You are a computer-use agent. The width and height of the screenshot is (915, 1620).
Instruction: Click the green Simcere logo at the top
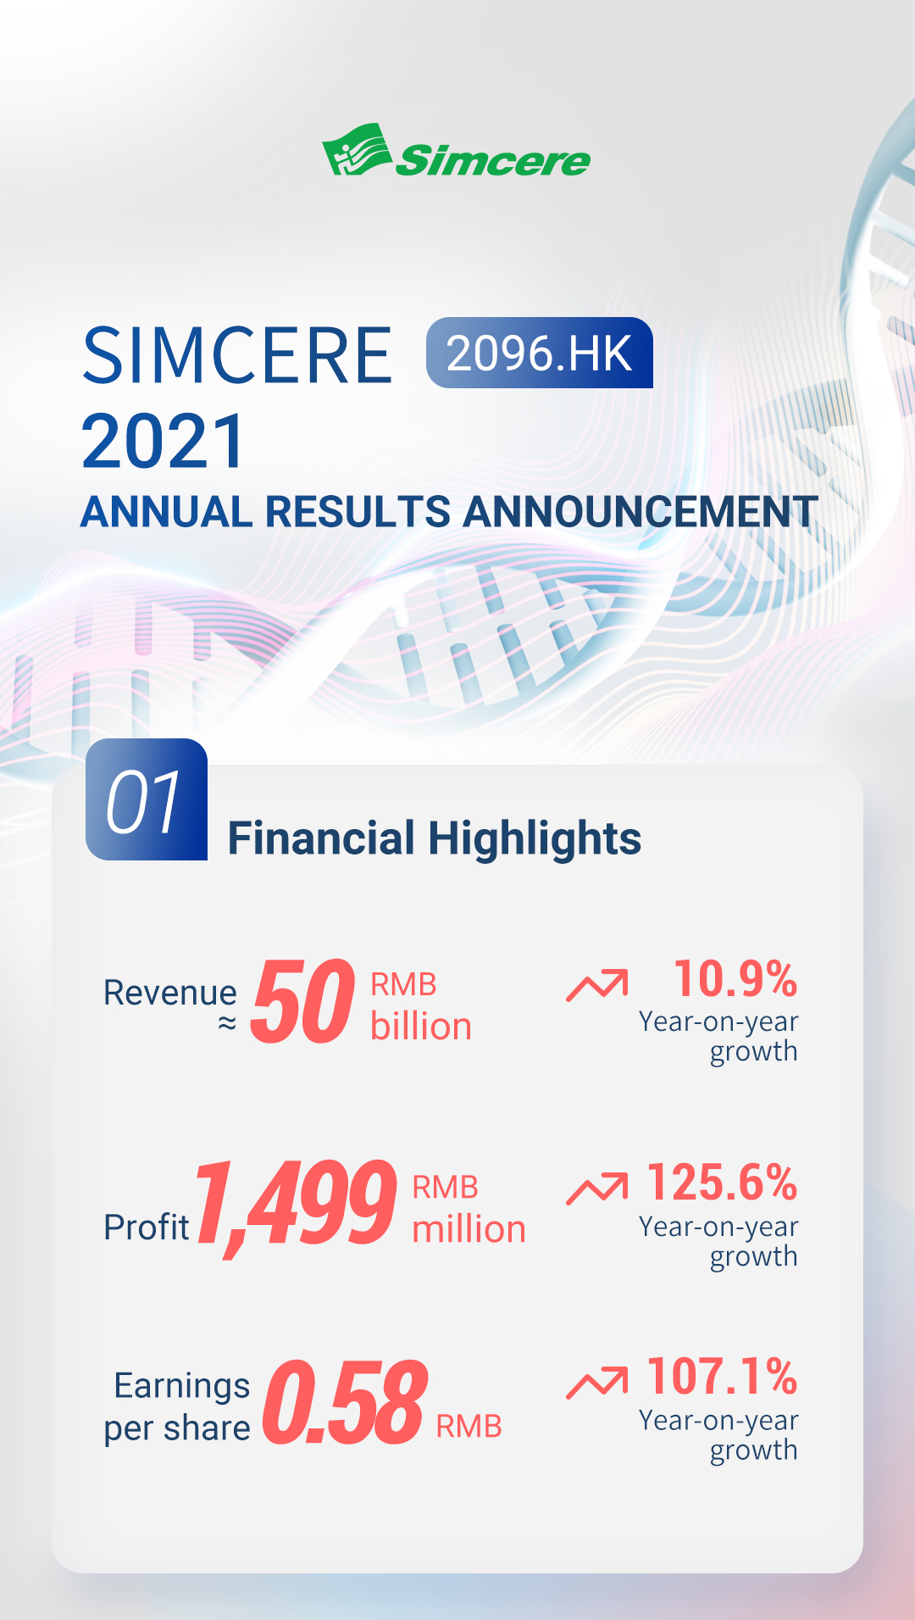456,153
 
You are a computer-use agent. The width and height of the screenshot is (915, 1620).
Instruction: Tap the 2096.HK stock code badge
539,353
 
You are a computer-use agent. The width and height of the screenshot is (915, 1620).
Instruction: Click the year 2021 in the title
164,441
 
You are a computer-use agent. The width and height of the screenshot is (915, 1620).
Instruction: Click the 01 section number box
146,799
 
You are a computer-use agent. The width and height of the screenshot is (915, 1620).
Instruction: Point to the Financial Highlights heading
434,838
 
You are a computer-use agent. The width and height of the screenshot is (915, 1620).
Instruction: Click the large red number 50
302,1001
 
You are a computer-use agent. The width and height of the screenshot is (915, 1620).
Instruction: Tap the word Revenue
169,992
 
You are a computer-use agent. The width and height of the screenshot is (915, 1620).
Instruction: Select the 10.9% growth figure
735,979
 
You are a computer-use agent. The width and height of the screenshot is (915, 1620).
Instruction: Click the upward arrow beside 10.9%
597,984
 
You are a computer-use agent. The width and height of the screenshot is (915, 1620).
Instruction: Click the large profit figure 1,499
296,1204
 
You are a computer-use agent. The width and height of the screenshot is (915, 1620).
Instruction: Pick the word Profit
146,1227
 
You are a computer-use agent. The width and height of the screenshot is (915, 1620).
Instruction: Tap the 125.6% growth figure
722,1183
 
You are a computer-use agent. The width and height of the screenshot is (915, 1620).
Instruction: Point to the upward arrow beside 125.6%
597,1188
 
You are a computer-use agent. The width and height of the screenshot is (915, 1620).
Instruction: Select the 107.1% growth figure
722,1376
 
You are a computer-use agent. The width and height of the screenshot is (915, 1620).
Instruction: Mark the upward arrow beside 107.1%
597,1382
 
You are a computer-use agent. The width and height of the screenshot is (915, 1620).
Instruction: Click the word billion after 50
420,1027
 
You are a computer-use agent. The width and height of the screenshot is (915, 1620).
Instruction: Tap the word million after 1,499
469,1229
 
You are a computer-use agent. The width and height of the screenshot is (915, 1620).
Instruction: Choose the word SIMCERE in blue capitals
237,356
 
